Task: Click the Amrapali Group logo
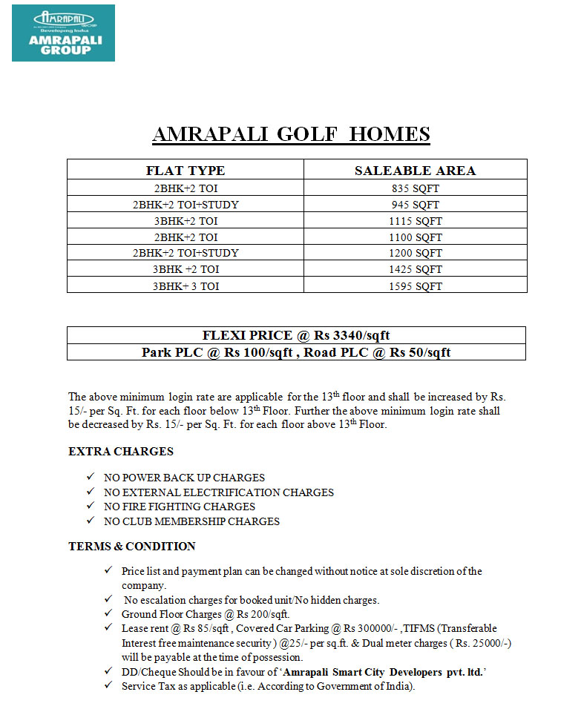[63, 33]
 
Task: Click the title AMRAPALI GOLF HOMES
[291, 134]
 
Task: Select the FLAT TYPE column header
[186, 171]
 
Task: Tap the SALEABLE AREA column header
[415, 171]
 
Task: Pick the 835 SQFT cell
[416, 188]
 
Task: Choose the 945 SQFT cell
[416, 205]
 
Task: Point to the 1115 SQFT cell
[416, 221]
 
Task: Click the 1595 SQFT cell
[416, 286]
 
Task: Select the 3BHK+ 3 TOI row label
[186, 286]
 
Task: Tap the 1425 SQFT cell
[416, 270]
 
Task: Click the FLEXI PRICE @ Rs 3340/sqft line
[296, 335]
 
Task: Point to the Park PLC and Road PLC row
[296, 352]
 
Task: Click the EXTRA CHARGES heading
[121, 451]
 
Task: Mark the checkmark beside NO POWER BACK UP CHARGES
[91, 478]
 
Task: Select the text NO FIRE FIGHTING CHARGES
[179, 507]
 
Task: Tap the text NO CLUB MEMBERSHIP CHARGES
[191, 521]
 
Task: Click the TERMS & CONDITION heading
[132, 547]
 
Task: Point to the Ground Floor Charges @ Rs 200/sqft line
[206, 614]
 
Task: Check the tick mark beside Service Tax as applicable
[109, 686]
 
